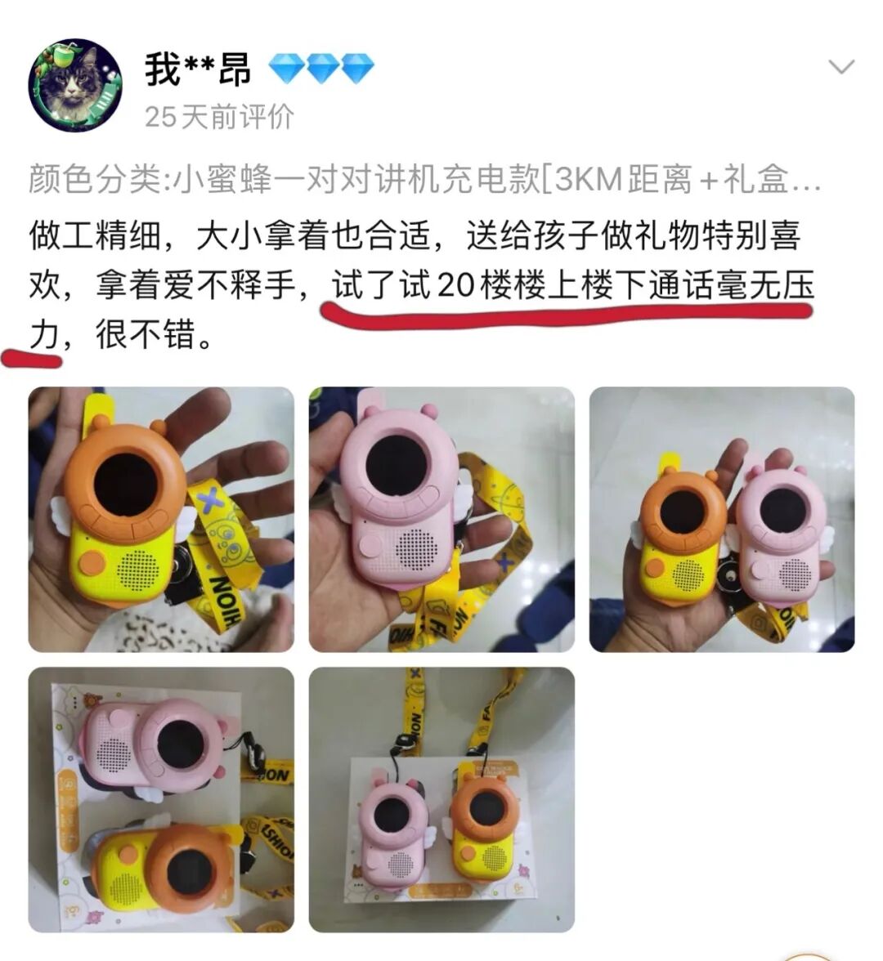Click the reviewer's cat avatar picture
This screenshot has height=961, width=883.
(x=75, y=84)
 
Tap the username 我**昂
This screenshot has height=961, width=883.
(x=197, y=69)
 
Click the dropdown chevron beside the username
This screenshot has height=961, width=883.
(x=841, y=67)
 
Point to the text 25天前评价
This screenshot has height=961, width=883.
(x=218, y=117)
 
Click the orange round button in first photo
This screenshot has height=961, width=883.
(x=92, y=562)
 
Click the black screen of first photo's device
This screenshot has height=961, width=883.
(x=125, y=485)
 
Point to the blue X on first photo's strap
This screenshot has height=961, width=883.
(x=211, y=499)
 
